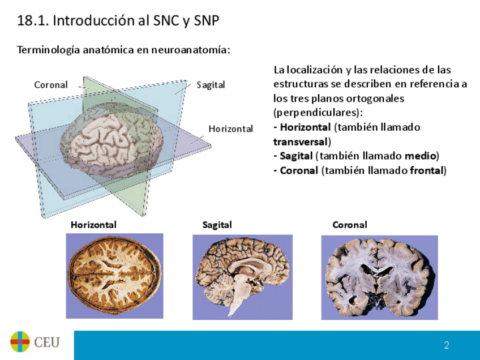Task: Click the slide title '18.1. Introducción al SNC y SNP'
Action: (118, 21)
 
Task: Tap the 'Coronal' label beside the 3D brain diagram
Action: (50, 85)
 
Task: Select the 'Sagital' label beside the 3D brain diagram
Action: (211, 85)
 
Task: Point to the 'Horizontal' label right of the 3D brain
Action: (230, 129)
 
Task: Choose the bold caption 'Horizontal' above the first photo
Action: (93, 225)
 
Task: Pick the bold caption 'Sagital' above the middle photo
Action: (217, 225)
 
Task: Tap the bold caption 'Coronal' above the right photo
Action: (349, 225)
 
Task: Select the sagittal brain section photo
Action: (242, 275)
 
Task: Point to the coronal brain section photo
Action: (379, 276)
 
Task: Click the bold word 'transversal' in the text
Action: (302, 142)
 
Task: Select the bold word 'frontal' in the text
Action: (427, 170)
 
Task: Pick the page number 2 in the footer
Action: (447, 345)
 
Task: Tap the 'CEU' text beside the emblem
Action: (46, 342)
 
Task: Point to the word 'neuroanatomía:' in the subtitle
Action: (195, 50)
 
